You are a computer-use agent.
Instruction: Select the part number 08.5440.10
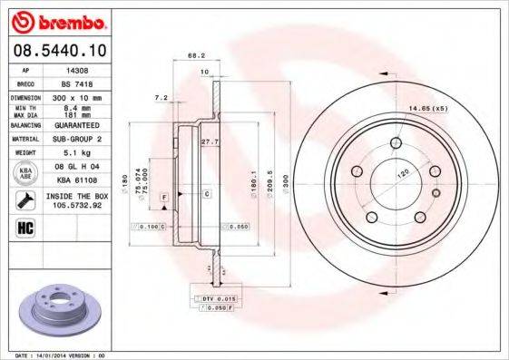(x=55, y=50)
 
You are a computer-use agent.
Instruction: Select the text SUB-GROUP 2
(x=78, y=139)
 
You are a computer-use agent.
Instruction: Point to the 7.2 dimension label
(x=162, y=96)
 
